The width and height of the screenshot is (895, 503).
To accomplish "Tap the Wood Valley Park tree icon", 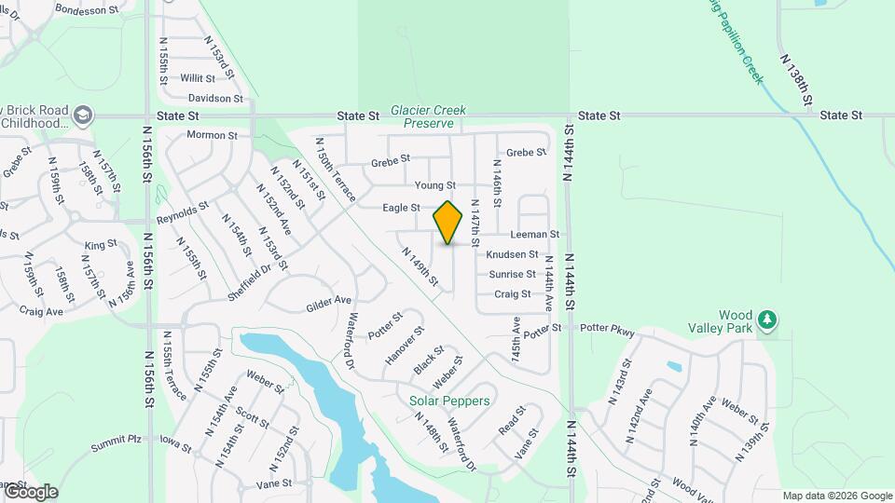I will coord(767,319).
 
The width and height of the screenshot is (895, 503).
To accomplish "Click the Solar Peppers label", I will coord(449,401).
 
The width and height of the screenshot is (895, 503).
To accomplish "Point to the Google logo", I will coord(30,492).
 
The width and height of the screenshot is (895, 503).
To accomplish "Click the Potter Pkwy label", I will coord(607,329).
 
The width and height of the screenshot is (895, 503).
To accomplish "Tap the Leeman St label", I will coord(535,235).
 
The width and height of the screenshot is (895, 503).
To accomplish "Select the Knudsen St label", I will coord(512,254).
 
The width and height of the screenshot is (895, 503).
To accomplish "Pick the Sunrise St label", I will coord(513,275).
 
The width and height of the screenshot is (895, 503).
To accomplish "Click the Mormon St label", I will coord(213,135).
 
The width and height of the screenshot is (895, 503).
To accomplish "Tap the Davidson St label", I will coord(214,98).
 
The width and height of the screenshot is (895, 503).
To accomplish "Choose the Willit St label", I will coord(198,78).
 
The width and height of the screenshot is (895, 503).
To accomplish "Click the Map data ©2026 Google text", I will coord(836,496).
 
